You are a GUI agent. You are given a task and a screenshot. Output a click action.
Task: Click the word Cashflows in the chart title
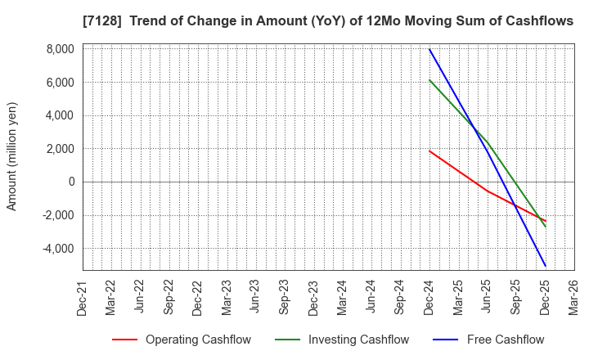[537, 21]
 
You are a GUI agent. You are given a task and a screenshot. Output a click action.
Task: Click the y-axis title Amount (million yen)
[12, 156]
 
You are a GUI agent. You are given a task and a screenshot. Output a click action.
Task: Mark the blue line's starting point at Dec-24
[429, 49]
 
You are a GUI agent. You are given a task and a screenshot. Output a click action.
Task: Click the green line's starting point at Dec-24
[429, 80]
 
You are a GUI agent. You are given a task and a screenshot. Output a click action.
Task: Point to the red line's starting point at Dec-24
[429, 151]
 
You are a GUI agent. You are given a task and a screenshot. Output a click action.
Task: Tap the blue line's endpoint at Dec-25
[546, 266]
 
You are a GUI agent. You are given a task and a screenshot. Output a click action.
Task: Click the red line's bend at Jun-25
[488, 191]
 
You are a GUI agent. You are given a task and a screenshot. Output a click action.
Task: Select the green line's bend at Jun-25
[488, 142]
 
